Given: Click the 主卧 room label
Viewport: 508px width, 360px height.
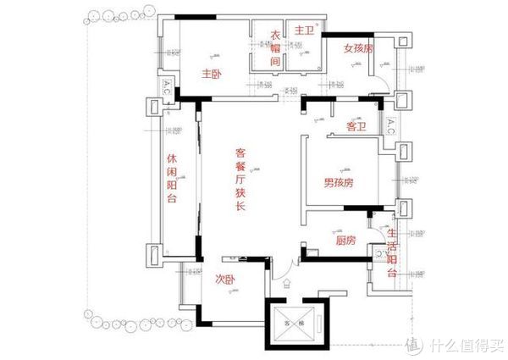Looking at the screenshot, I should click(x=211, y=75).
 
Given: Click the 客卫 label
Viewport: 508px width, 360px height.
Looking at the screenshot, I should click(x=356, y=127).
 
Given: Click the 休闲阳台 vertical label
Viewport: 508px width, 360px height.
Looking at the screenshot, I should click(x=172, y=179).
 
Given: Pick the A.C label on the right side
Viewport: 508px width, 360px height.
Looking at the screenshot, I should click(x=390, y=127).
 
